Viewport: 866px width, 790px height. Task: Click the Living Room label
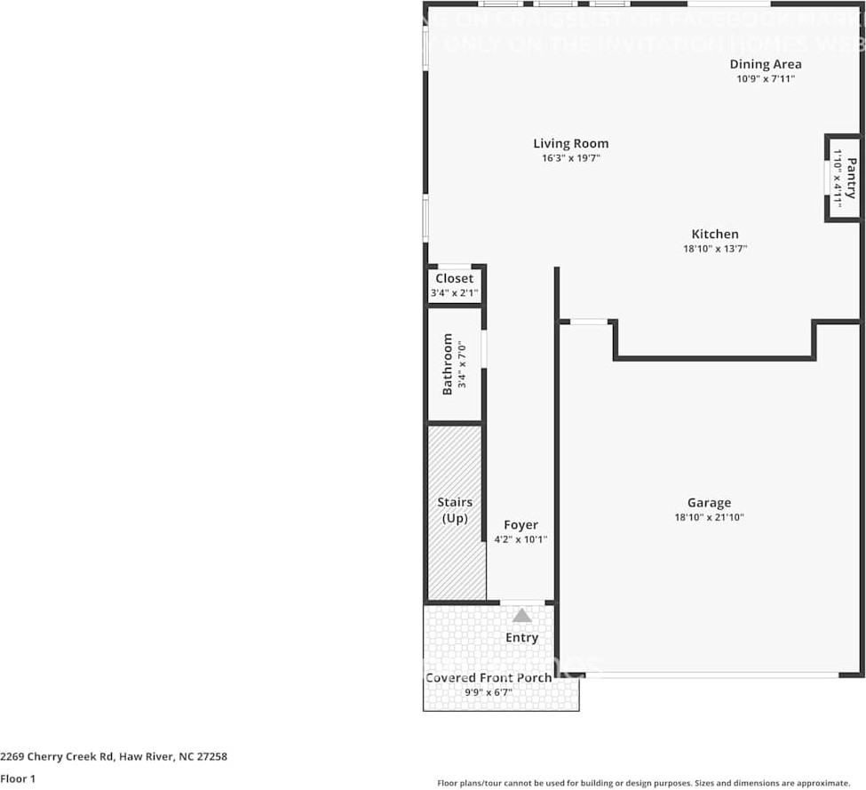click(570, 143)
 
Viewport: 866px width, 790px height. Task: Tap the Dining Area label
click(765, 64)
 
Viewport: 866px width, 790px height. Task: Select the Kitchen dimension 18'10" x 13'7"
click(714, 250)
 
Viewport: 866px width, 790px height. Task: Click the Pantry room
click(842, 178)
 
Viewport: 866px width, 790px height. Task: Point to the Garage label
click(709, 502)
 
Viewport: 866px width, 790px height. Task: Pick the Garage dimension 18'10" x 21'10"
click(709, 517)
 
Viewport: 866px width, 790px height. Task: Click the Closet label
click(454, 278)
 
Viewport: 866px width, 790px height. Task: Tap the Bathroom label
click(448, 364)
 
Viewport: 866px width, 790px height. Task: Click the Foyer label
click(520, 525)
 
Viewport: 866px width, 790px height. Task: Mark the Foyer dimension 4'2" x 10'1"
click(520, 539)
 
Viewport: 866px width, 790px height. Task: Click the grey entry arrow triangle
click(521, 615)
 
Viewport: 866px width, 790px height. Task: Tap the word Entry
click(521, 637)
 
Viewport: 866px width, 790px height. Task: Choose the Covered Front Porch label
click(489, 677)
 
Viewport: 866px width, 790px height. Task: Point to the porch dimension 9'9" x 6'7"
click(489, 692)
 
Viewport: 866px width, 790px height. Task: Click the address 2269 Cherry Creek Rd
click(114, 757)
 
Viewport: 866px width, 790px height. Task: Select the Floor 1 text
click(18, 779)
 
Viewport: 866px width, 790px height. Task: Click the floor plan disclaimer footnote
click(644, 783)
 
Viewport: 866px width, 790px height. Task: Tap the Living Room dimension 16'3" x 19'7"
click(570, 159)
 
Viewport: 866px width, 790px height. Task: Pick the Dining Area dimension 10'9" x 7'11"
click(765, 79)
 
